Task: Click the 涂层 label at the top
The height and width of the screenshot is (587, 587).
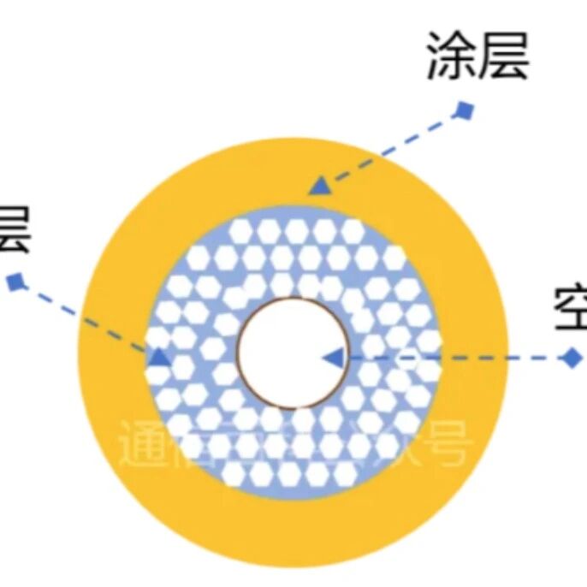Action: click(x=477, y=57)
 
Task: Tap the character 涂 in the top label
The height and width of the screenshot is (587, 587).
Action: click(x=451, y=57)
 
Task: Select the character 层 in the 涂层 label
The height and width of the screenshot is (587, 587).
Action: click(x=504, y=57)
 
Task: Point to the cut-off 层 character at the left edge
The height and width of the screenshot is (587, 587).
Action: click(x=13, y=228)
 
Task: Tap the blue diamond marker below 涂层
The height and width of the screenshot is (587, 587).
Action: click(x=465, y=110)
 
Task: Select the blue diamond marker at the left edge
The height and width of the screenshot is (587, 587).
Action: click(x=16, y=281)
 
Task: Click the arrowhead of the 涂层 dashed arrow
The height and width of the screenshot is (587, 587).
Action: click(x=319, y=186)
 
